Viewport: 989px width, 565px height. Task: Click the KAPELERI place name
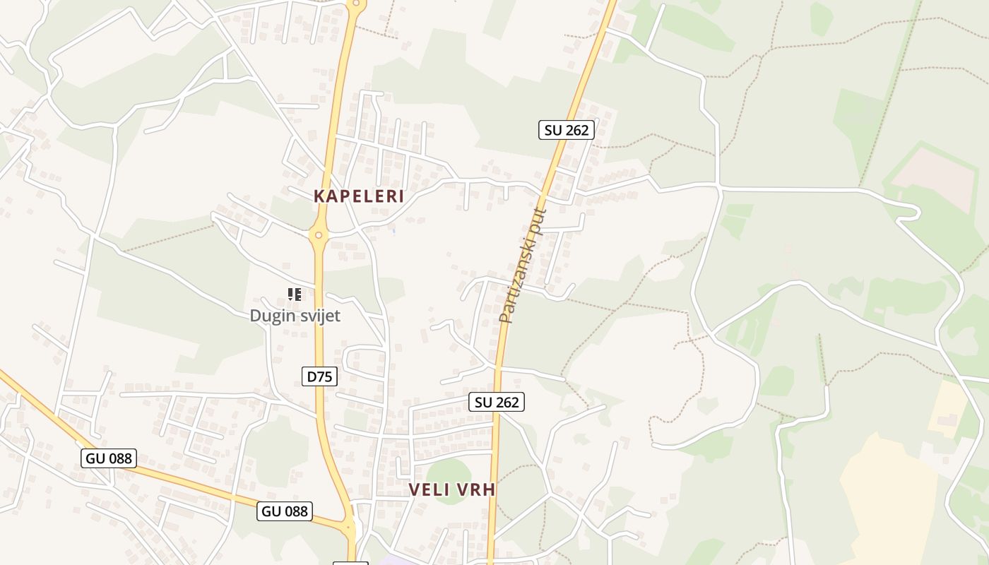coord(359,196)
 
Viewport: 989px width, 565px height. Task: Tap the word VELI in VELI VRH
coord(430,489)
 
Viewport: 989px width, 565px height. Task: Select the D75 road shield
coord(319,376)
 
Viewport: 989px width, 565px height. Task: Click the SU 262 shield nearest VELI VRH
coord(497,402)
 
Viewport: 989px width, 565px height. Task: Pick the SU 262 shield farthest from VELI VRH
coord(566,130)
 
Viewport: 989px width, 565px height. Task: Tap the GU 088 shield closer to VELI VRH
coord(285,511)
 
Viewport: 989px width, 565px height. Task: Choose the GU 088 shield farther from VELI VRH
coord(109,458)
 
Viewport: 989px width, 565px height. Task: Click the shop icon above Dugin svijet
coord(295,294)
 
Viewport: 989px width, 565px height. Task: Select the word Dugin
coord(272,316)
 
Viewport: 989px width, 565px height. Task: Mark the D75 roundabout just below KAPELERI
coord(319,235)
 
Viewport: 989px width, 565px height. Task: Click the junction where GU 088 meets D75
coord(349,527)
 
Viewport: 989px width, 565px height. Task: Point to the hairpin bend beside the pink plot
coord(916,211)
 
